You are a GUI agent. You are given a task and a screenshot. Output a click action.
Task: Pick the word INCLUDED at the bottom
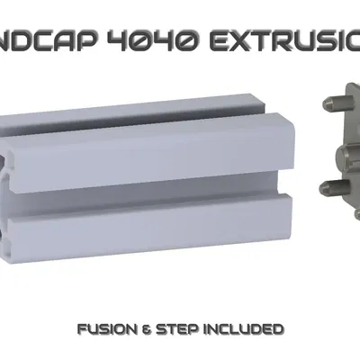click(245, 327)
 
